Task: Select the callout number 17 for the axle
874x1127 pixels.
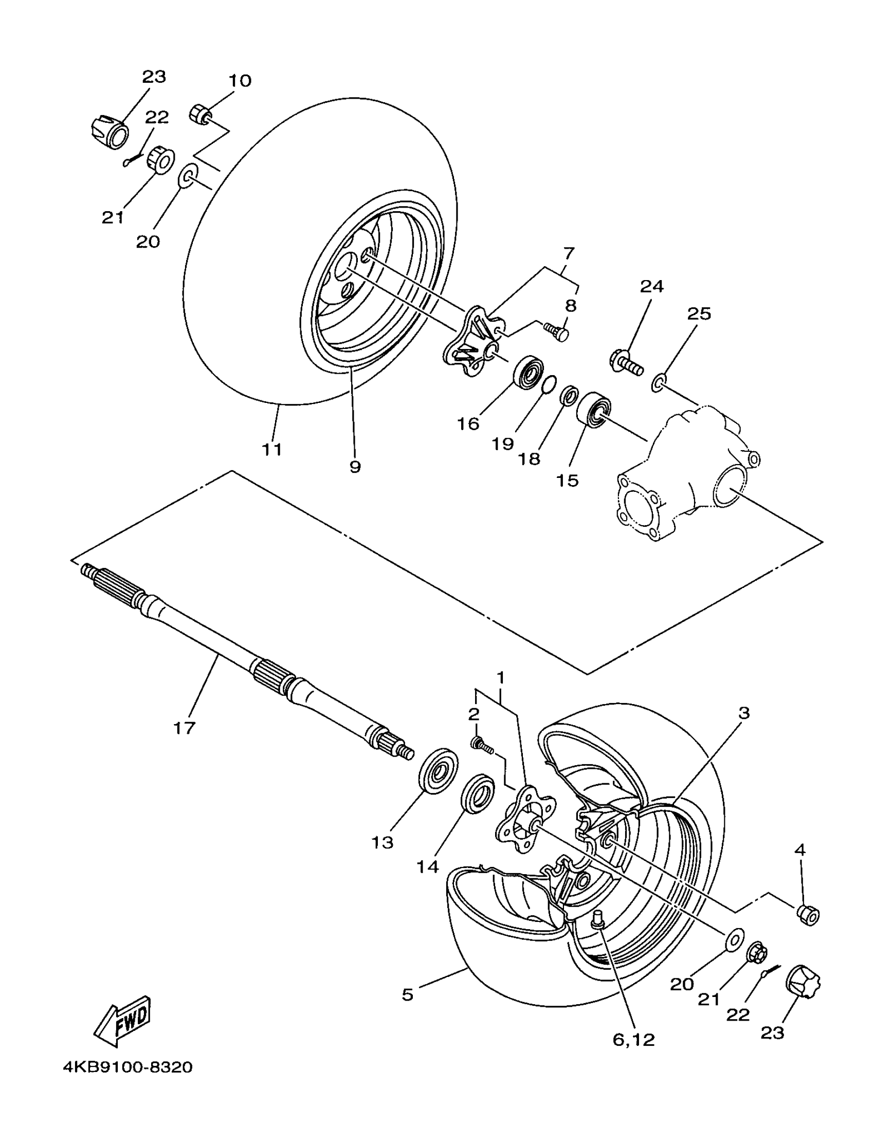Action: click(184, 728)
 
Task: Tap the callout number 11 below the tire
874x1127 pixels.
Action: click(272, 449)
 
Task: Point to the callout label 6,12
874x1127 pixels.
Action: click(633, 1039)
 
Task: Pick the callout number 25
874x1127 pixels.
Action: click(699, 314)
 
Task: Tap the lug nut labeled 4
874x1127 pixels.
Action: click(808, 914)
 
